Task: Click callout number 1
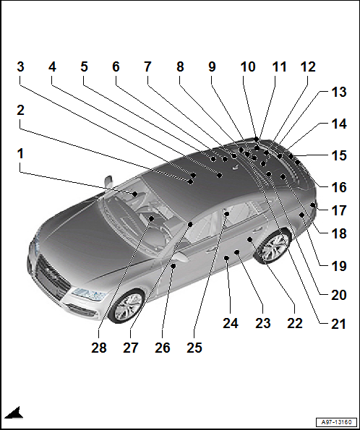pyautogui.click(x=20, y=153)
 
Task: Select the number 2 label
pyautogui.click(x=20, y=111)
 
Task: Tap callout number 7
pyautogui.click(x=148, y=66)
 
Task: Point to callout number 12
pyautogui.click(x=308, y=66)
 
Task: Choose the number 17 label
pyautogui.click(x=339, y=210)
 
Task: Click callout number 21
pyautogui.click(x=338, y=324)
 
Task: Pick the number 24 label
pyautogui.click(x=231, y=323)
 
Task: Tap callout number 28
pyautogui.click(x=99, y=348)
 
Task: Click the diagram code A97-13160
pyautogui.click(x=336, y=422)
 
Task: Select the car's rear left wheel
pyautogui.click(x=273, y=247)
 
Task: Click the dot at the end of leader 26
pyautogui.click(x=173, y=265)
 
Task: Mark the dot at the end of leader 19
pyautogui.click(x=301, y=215)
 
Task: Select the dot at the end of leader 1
pyautogui.click(x=135, y=194)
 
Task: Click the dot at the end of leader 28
pyautogui.click(x=151, y=218)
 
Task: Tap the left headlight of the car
pyautogui.click(x=89, y=294)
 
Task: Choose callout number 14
pyautogui.click(x=339, y=124)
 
